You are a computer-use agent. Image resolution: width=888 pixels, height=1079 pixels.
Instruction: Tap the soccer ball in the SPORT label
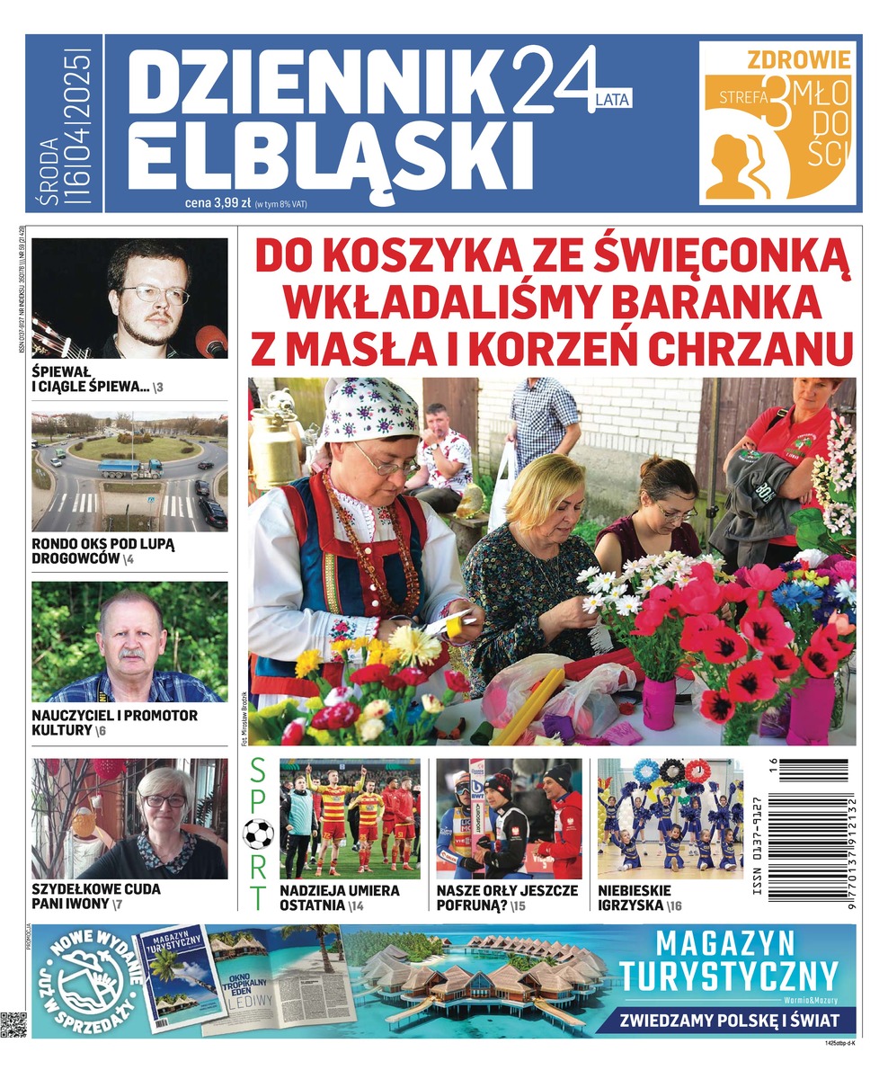coord(259,834)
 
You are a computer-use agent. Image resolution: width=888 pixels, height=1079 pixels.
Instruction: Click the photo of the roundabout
coord(129,471)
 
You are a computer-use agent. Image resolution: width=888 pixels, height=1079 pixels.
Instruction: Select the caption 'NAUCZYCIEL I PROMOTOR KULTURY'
coord(114,722)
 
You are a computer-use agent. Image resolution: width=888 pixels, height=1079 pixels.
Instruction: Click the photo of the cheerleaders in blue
coord(670,818)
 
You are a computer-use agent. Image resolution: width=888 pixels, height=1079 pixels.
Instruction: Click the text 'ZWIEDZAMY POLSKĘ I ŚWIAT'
coord(734,1021)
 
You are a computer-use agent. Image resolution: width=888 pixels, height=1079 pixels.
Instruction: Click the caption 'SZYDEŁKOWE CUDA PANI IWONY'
coord(95,896)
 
